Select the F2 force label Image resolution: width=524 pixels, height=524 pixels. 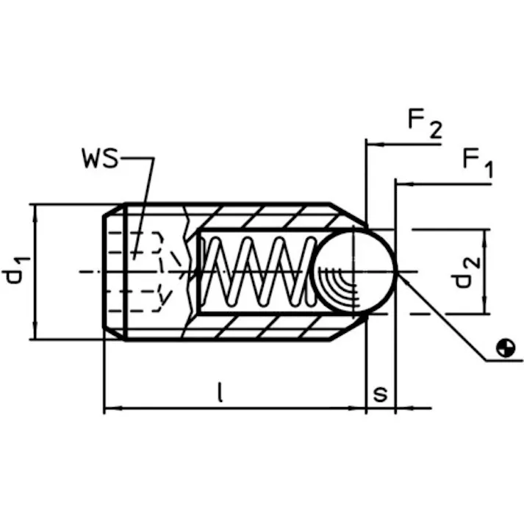click(426, 125)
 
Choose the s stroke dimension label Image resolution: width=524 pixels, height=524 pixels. click(380, 393)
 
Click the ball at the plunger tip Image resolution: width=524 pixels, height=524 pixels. click(356, 270)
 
